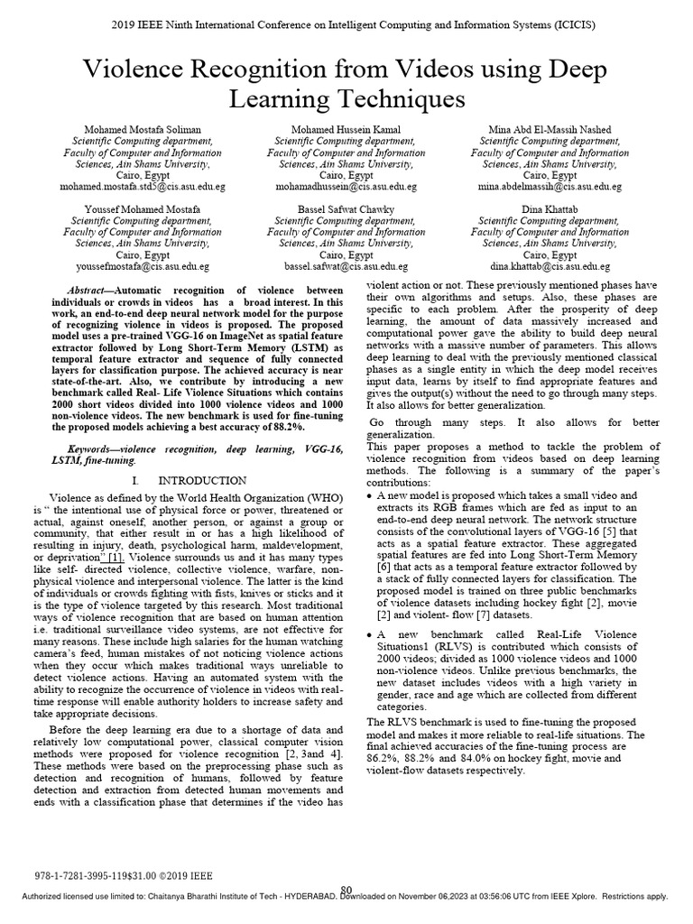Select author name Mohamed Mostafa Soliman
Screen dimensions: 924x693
pyautogui.click(x=142, y=130)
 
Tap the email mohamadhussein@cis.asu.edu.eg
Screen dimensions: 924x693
pyautogui.click(x=346, y=186)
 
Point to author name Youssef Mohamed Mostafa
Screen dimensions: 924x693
pyautogui.click(x=142, y=209)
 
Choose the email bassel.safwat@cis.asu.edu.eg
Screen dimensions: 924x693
pyautogui.click(x=346, y=267)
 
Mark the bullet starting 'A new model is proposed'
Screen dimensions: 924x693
pyautogui.click(x=372, y=496)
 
